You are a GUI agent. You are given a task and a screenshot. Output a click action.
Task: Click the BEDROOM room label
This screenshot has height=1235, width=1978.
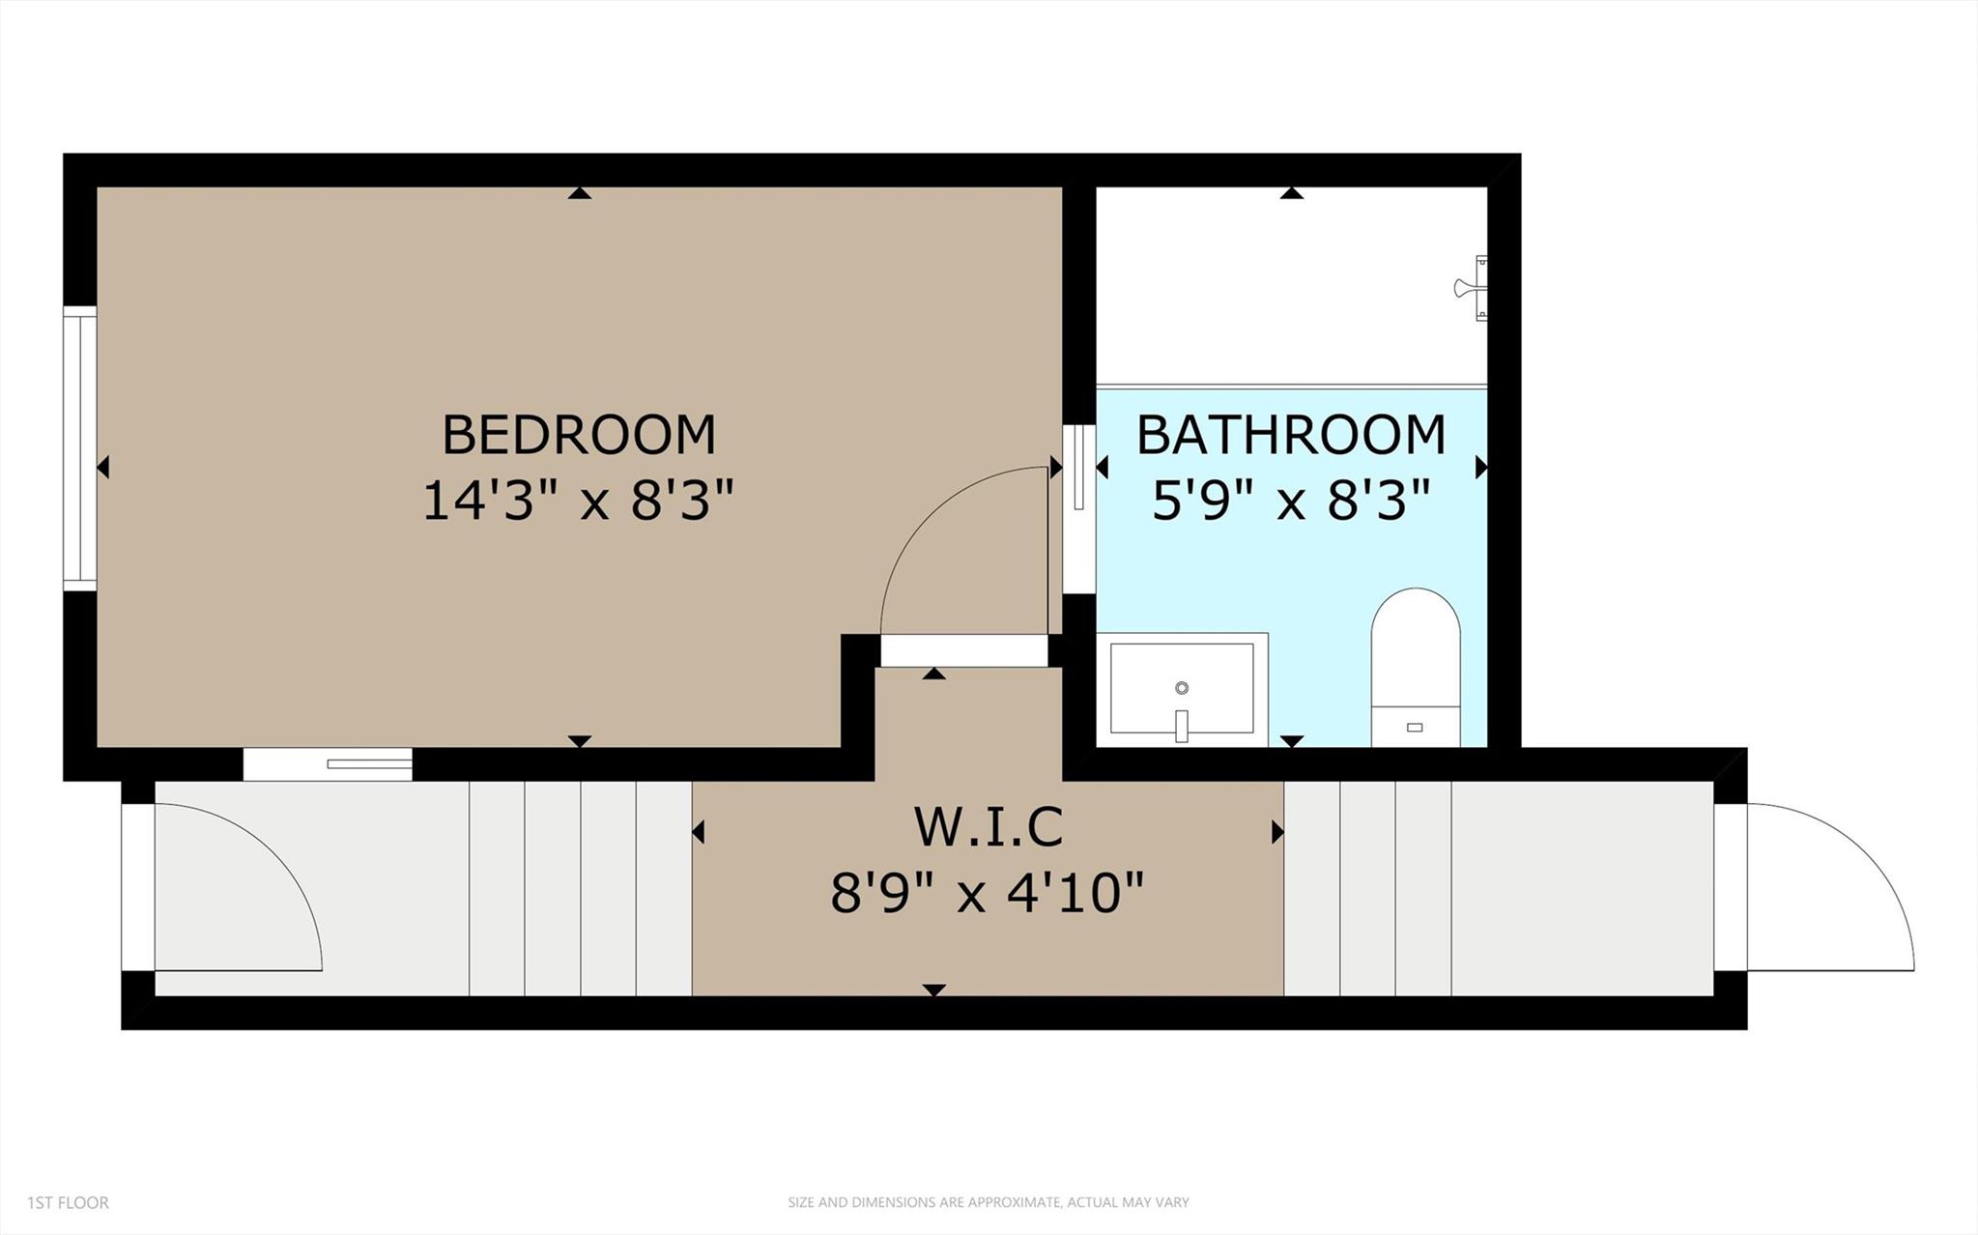(579, 435)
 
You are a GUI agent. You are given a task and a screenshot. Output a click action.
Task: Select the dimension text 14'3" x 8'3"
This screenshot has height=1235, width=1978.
(578, 502)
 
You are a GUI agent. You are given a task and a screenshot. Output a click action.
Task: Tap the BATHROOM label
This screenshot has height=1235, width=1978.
(1290, 435)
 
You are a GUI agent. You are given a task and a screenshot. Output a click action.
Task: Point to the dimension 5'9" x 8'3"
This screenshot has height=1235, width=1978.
(1290, 502)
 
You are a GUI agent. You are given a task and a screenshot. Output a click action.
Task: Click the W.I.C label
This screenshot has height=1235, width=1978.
(988, 826)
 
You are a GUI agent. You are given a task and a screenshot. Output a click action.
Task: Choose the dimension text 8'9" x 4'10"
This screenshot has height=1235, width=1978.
(988, 893)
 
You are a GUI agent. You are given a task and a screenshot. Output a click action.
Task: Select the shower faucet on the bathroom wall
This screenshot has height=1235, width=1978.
(1473, 287)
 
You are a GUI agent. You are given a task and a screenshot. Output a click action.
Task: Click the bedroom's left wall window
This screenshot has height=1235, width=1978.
(80, 448)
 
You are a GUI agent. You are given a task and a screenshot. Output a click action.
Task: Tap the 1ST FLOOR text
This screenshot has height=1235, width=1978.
(68, 1203)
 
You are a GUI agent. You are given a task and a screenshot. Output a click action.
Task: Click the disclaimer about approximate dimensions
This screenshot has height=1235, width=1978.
(988, 1203)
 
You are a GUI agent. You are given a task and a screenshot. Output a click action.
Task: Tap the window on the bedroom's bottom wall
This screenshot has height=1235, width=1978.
(328, 764)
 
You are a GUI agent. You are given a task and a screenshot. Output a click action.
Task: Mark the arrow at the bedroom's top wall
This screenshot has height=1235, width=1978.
(579, 193)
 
